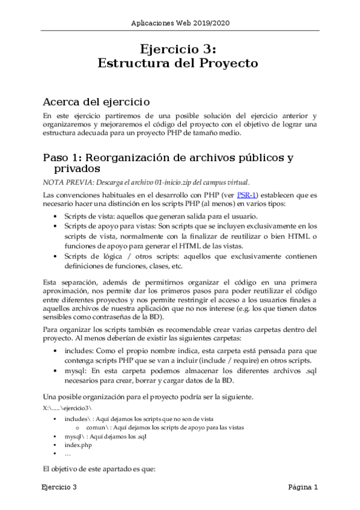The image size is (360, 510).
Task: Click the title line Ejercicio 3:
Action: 180,48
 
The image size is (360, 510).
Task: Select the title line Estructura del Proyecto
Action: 180,63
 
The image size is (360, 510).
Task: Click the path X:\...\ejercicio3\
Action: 67,408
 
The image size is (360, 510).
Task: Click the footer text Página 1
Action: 303,487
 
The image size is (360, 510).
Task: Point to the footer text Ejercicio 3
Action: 59,487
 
